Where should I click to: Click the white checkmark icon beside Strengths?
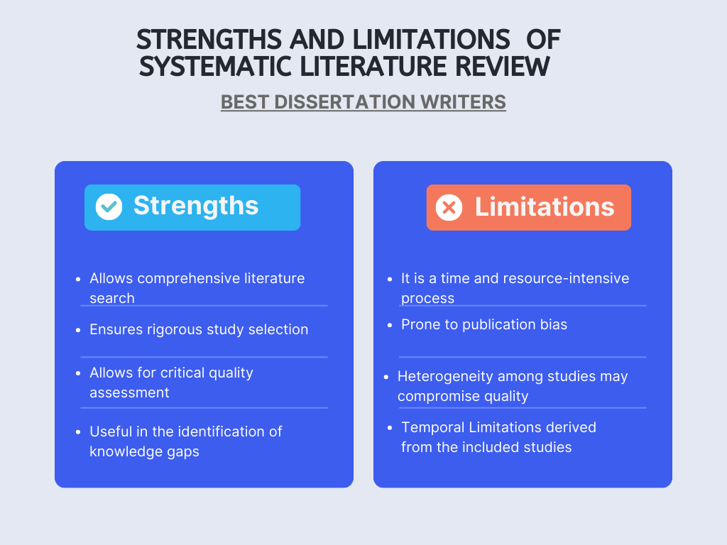[109, 207]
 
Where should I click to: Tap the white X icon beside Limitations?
[449, 207]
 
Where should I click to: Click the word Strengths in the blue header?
[196, 206]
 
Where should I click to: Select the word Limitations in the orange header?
[545, 207]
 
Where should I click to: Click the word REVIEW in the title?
[501, 67]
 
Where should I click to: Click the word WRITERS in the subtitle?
[465, 102]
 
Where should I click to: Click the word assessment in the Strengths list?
[129, 392]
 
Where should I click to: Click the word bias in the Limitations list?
[553, 325]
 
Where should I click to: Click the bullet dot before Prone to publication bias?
[390, 326]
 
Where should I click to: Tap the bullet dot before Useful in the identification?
[78, 432]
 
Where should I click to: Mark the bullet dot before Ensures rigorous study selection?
[78, 330]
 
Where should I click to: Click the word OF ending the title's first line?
[544, 39]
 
